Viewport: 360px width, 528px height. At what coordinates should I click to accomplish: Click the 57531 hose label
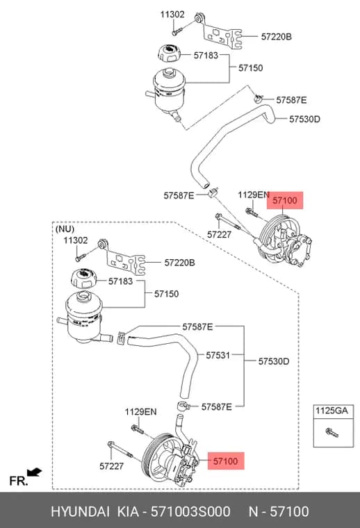click(x=218, y=355)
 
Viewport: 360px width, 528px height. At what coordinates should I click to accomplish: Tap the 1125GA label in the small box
click(x=332, y=411)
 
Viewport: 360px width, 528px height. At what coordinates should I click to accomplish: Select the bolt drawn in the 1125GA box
click(x=332, y=432)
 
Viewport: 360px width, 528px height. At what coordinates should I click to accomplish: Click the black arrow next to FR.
click(x=34, y=472)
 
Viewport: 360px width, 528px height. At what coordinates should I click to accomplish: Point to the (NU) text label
click(x=65, y=229)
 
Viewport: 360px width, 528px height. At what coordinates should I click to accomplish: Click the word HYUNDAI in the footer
click(x=80, y=511)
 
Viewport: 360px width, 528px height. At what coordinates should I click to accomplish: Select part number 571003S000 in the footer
click(x=190, y=511)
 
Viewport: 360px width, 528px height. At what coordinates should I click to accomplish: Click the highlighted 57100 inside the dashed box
click(x=226, y=461)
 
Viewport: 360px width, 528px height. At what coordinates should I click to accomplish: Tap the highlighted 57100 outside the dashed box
click(x=285, y=201)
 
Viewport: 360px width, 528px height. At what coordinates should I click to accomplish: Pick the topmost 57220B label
click(x=276, y=37)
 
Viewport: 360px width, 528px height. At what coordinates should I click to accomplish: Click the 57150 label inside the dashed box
click(x=166, y=294)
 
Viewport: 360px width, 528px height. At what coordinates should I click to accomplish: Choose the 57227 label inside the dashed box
click(x=111, y=466)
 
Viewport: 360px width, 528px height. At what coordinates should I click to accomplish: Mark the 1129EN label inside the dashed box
click(x=141, y=412)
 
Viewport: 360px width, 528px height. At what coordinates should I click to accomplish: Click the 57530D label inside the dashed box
click(x=273, y=362)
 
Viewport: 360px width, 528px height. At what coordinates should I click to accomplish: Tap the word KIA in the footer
click(x=128, y=511)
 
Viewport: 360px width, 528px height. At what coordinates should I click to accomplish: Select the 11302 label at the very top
click(x=172, y=15)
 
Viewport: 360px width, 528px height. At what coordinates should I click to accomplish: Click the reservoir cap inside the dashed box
click(x=83, y=279)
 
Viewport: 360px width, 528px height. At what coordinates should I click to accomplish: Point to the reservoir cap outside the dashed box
click(x=169, y=53)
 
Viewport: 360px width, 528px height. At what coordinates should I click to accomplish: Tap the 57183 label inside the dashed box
click(x=120, y=281)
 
